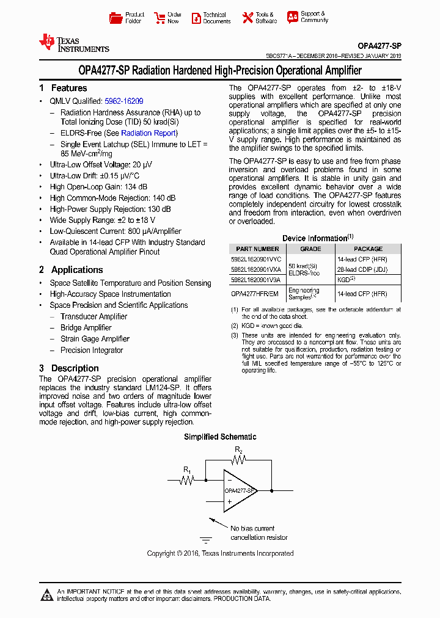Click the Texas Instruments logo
tap(73, 43)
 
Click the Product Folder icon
tap(116, 18)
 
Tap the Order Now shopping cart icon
tap(159, 18)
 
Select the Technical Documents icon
tap(196, 18)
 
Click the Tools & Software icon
tap(248, 18)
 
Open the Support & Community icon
tap(293, 17)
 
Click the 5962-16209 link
tap(124, 101)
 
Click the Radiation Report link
tap(148, 133)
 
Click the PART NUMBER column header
tap(257, 249)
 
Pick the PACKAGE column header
tap(368, 249)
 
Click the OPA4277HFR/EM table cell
tap(255, 293)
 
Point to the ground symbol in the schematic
tap(206, 540)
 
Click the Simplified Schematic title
tap(220, 437)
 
